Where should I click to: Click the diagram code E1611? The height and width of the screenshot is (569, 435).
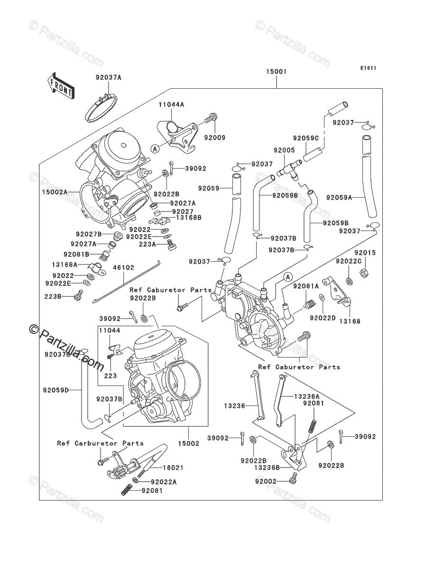368,68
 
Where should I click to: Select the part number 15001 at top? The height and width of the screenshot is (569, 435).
277,72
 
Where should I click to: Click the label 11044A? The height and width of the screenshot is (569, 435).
171,104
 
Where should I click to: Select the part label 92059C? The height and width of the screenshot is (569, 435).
306,138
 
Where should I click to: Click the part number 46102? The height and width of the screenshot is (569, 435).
124,267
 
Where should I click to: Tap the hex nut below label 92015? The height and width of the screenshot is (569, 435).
364,273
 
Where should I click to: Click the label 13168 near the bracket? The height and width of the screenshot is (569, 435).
350,321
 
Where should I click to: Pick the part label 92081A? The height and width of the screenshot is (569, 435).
306,286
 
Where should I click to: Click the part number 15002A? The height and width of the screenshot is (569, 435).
55,192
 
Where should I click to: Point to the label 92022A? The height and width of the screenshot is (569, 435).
164,482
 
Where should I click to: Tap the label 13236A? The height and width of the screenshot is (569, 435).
307,396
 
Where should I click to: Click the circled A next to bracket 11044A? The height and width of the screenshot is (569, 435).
155,148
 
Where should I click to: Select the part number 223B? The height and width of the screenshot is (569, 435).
53,296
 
